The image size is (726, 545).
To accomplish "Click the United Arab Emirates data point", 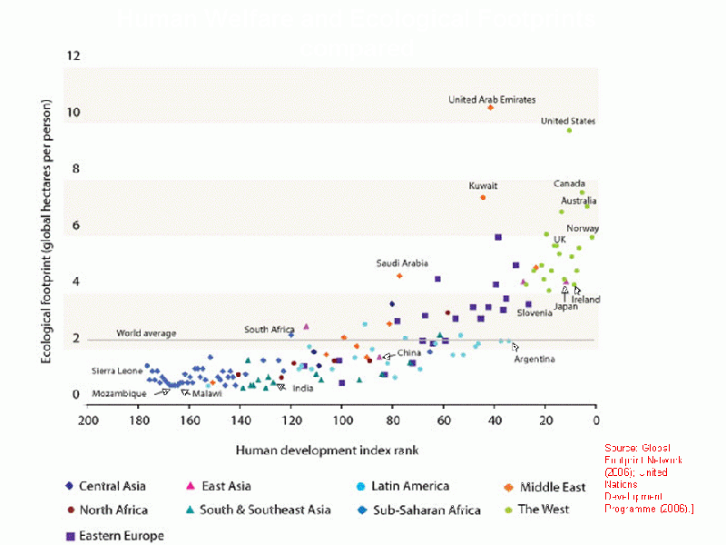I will tap(490, 107).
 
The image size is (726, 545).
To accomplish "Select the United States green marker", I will tap(570, 131).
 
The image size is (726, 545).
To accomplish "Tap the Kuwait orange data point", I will tap(483, 197).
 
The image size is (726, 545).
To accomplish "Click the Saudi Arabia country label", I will tap(402, 263).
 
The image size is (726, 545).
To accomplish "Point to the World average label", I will tap(146, 333).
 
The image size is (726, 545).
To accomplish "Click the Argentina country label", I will tap(535, 360).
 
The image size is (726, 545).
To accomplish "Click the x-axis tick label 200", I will tap(87, 420).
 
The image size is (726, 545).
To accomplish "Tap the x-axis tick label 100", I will tap(342, 420).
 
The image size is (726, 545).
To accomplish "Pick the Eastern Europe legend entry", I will tap(121, 535).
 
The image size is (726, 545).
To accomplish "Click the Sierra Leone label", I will tap(117, 372).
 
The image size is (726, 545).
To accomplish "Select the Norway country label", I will tap(582, 229).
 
